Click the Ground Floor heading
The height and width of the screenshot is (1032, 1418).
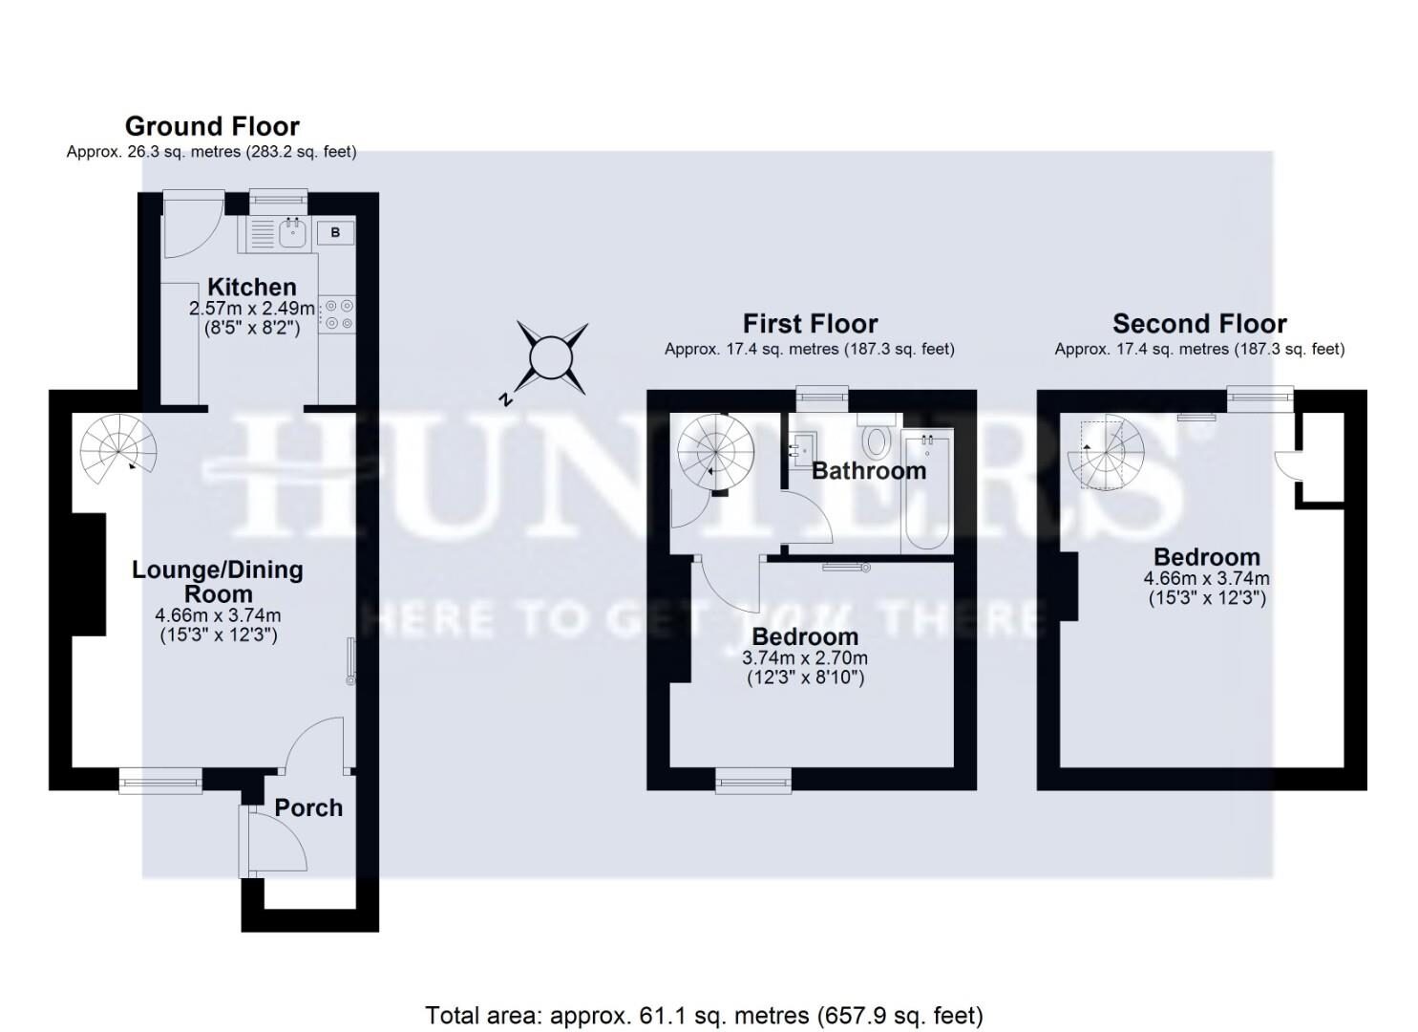212,126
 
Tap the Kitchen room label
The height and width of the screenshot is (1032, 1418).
252,287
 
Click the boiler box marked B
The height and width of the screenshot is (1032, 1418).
335,232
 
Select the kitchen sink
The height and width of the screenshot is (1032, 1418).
292,230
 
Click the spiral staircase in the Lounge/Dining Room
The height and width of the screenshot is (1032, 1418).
118,448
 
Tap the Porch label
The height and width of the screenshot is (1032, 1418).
308,807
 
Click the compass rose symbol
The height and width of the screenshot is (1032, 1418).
551,358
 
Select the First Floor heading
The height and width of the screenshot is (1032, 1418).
810,323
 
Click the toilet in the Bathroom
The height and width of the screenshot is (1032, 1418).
875,441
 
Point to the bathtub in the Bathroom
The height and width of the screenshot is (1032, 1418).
926,492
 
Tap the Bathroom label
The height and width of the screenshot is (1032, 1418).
868,470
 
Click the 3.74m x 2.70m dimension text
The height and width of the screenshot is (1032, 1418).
804,658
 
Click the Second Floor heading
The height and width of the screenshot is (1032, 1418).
1199,323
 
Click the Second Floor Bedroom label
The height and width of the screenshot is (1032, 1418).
1206,557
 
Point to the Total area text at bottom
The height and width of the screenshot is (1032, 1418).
704,1015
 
